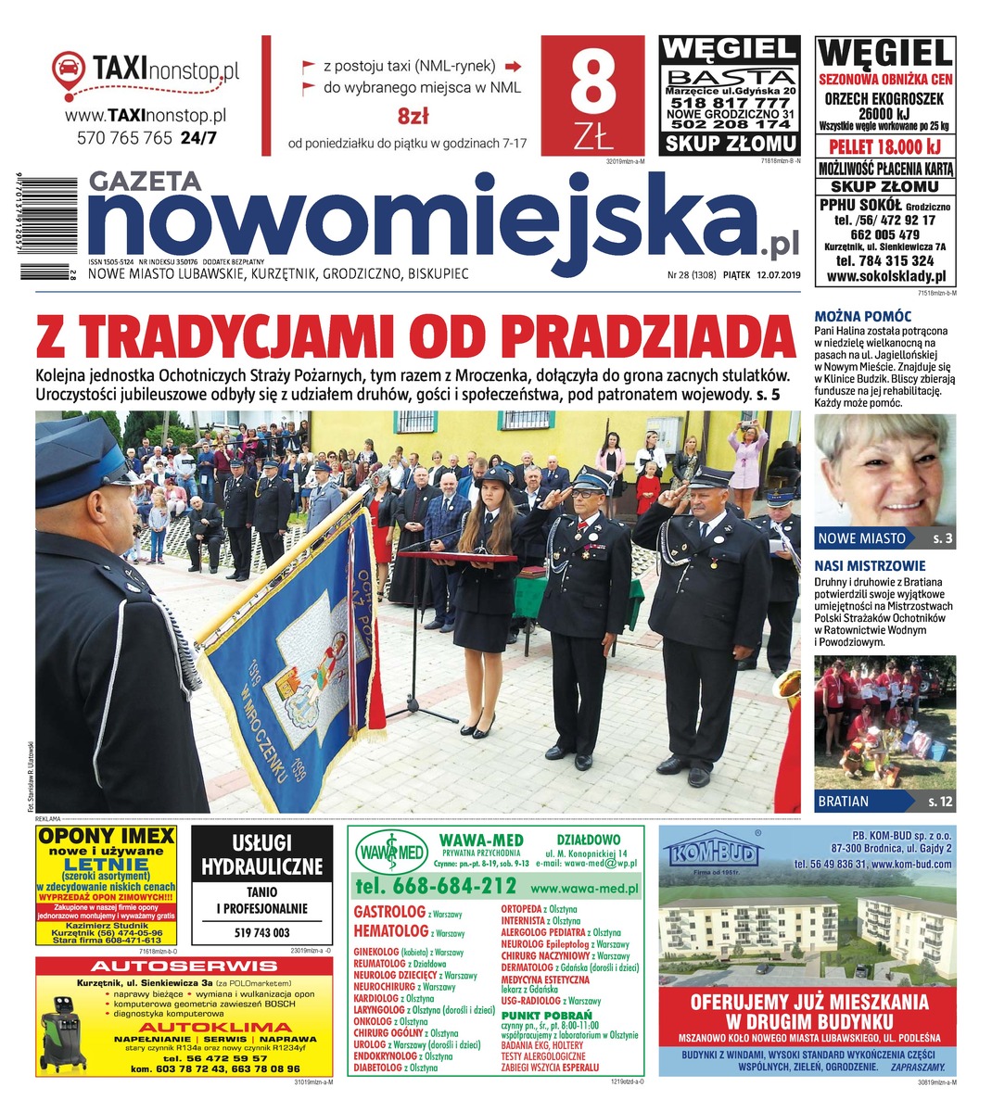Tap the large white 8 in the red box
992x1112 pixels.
[x=592, y=83]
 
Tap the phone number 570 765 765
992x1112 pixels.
[x=124, y=138]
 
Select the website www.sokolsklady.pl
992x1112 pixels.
[x=885, y=276]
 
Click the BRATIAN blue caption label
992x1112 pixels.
[x=844, y=801]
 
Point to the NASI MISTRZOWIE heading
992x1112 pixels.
[x=870, y=565]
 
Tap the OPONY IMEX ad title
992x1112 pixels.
[x=106, y=836]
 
